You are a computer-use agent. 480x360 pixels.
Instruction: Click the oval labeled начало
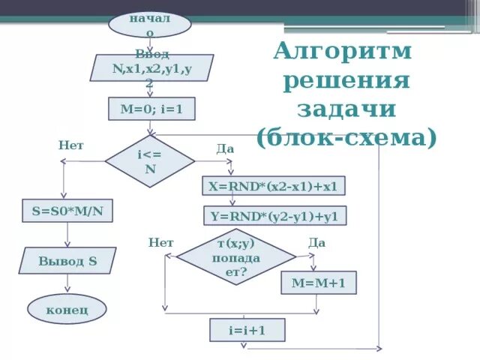[x=150, y=23]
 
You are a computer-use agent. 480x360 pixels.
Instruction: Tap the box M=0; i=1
[x=151, y=110]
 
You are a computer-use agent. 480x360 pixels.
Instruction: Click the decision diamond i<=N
[x=150, y=160]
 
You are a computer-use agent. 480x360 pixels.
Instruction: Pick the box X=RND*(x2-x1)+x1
[x=274, y=186]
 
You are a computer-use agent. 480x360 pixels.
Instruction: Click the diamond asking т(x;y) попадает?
[x=236, y=256]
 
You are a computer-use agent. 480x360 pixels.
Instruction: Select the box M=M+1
[x=318, y=283]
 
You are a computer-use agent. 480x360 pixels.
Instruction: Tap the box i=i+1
[x=247, y=330]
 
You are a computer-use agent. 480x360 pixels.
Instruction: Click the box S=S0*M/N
[x=67, y=211]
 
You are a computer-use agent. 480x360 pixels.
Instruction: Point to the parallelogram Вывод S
[x=67, y=261]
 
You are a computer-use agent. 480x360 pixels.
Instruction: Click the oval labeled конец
[x=67, y=308]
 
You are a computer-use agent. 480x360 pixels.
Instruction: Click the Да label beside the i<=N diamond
[x=225, y=148]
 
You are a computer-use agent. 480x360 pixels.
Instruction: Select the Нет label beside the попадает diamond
[x=161, y=243]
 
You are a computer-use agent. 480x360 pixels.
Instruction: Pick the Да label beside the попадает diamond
[x=316, y=243]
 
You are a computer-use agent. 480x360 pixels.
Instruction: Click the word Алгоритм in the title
[x=343, y=52]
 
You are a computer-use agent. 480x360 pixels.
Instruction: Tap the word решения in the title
[x=346, y=81]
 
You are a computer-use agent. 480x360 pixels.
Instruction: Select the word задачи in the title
[x=346, y=109]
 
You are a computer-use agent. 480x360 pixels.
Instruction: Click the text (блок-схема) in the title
[x=346, y=138]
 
